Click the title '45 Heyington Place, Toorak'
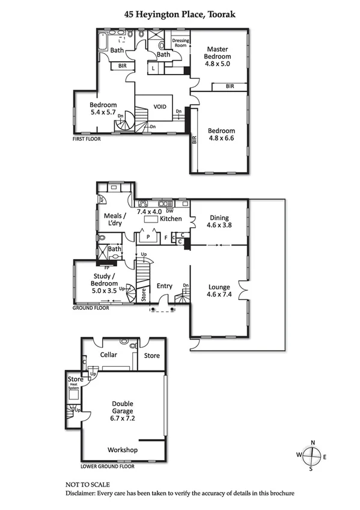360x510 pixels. pyautogui.click(x=180, y=13)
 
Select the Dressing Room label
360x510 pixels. pyautogui.click(x=181, y=43)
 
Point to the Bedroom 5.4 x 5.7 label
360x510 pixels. pyautogui.click(x=103, y=109)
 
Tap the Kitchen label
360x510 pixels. pyautogui.click(x=171, y=219)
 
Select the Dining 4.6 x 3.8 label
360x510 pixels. pyautogui.click(x=219, y=223)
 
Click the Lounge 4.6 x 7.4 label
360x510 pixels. pyautogui.click(x=219, y=291)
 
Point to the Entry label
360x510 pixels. pyautogui.click(x=164, y=286)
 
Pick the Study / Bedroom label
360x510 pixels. pyautogui.click(x=103, y=282)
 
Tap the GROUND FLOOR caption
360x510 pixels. pyautogui.click(x=91, y=307)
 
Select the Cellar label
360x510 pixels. pyautogui.click(x=109, y=355)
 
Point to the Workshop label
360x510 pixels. pyautogui.click(x=123, y=450)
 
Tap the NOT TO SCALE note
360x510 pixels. pyautogui.click(x=87, y=484)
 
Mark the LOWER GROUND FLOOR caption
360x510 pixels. pyautogui.click(x=108, y=466)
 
